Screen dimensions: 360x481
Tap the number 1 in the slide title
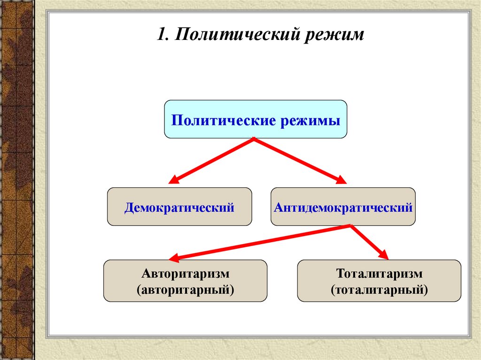click(162, 35)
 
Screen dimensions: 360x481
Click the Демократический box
click(179, 207)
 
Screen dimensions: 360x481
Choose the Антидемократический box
click(343, 207)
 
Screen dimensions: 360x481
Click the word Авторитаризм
click(185, 274)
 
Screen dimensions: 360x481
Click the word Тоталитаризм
click(379, 274)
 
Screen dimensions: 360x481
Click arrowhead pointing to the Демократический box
click(174, 180)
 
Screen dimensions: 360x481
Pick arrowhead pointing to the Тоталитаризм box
click(384, 255)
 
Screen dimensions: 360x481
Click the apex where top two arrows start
click(254, 139)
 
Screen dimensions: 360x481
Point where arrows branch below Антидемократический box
click(350, 226)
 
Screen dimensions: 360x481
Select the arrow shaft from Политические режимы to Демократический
click(214, 160)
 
